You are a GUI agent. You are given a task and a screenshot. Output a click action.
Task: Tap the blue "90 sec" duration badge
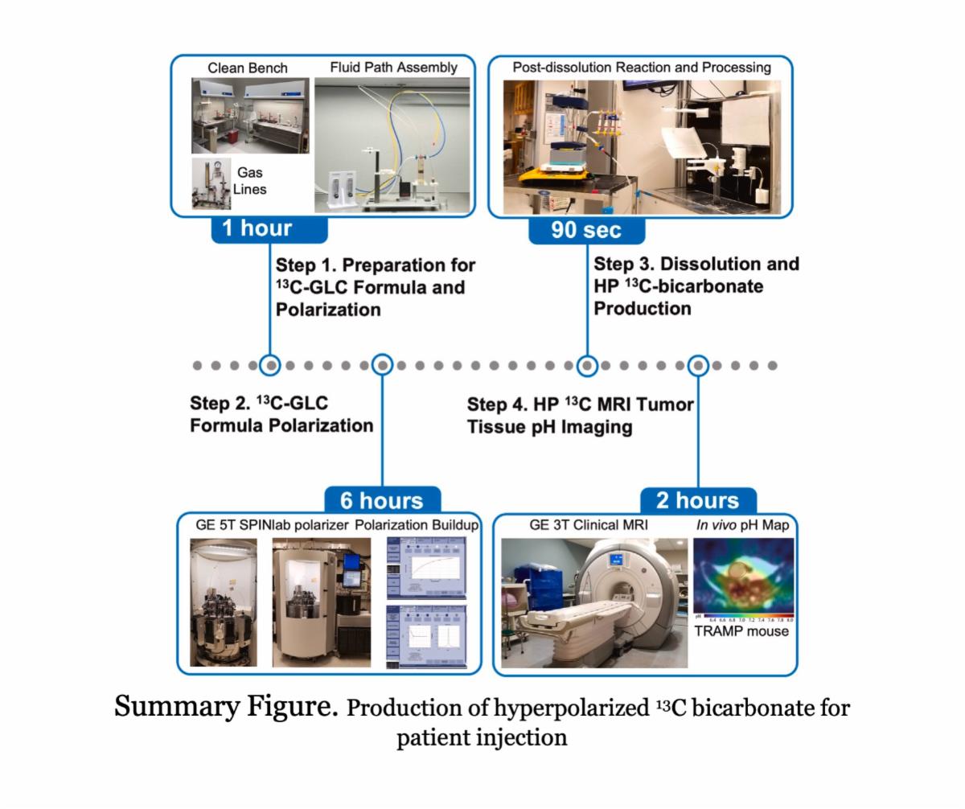(586, 230)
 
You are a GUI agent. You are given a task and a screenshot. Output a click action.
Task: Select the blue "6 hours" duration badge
(381, 500)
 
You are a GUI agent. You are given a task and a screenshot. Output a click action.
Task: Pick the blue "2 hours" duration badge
(697, 500)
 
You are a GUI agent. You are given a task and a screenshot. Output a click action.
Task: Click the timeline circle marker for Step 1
(271, 365)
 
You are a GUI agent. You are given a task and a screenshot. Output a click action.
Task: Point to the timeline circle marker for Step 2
(383, 365)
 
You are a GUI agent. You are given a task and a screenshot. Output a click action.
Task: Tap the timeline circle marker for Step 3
(587, 365)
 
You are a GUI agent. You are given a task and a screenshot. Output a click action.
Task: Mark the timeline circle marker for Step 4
(698, 365)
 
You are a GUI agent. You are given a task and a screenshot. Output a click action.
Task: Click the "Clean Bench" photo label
(247, 68)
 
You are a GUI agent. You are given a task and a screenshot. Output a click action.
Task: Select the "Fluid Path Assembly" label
(393, 68)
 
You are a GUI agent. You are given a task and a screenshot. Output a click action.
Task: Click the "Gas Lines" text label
(249, 181)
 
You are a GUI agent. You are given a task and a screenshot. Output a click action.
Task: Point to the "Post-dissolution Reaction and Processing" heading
(641, 68)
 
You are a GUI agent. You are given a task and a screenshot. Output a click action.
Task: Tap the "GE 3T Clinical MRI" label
(589, 525)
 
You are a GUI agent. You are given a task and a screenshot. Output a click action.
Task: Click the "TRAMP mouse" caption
(741, 631)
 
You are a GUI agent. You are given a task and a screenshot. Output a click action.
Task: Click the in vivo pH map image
(743, 577)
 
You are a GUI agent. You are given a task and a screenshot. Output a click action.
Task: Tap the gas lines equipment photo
(211, 184)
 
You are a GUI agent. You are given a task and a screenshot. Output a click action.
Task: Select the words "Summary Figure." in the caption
(226, 707)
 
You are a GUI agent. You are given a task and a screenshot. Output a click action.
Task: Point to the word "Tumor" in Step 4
(661, 404)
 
